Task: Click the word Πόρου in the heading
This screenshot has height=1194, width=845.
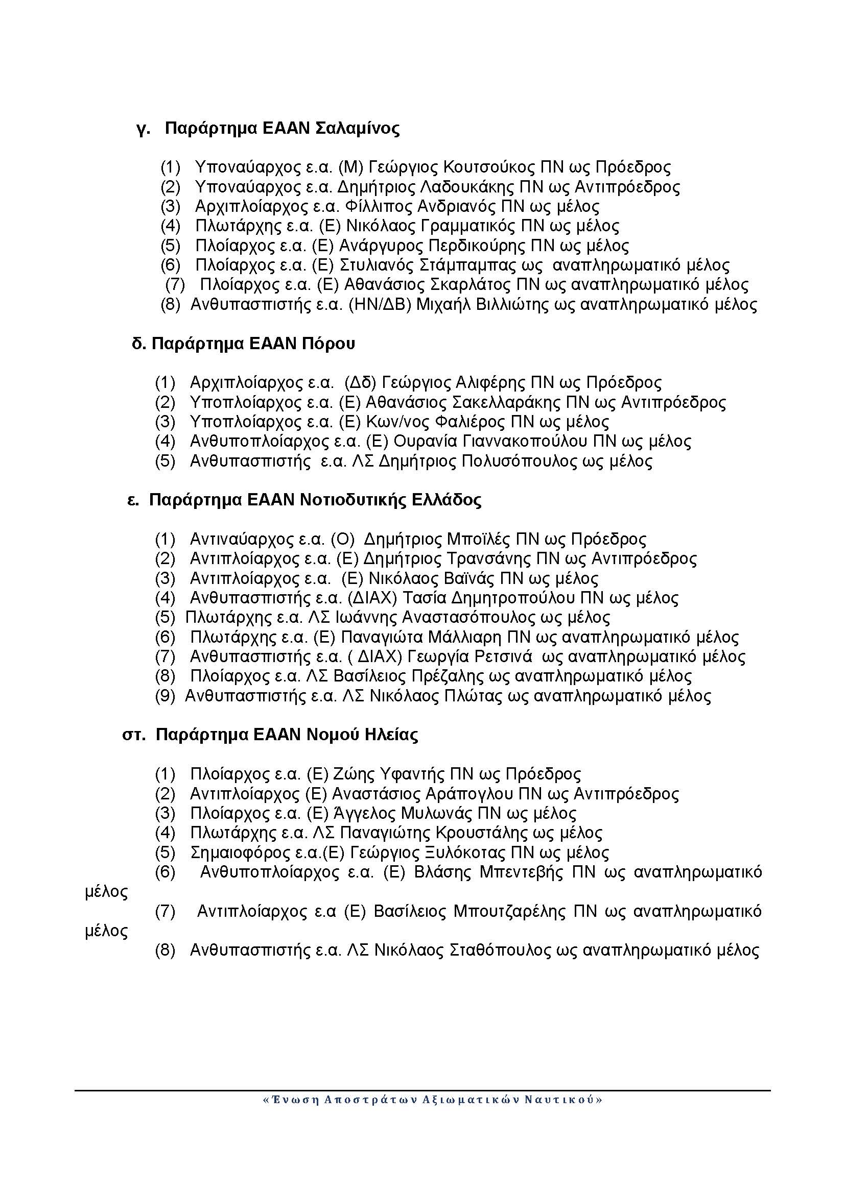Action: [x=328, y=344]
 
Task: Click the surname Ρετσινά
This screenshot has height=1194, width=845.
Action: [x=503, y=657]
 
